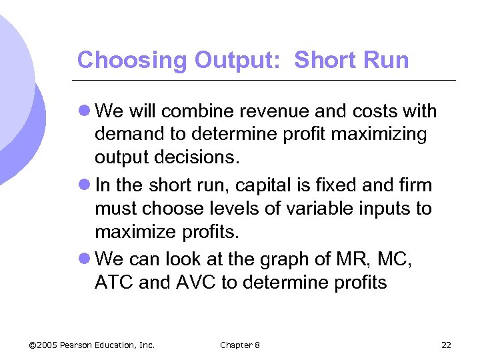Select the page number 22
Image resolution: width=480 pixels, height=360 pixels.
(446, 345)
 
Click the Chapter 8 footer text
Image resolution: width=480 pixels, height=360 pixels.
(240, 345)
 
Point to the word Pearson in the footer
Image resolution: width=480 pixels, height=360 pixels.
(79, 345)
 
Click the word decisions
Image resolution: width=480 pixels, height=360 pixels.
(207, 159)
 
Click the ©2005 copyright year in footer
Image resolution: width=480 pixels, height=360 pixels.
(43, 345)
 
